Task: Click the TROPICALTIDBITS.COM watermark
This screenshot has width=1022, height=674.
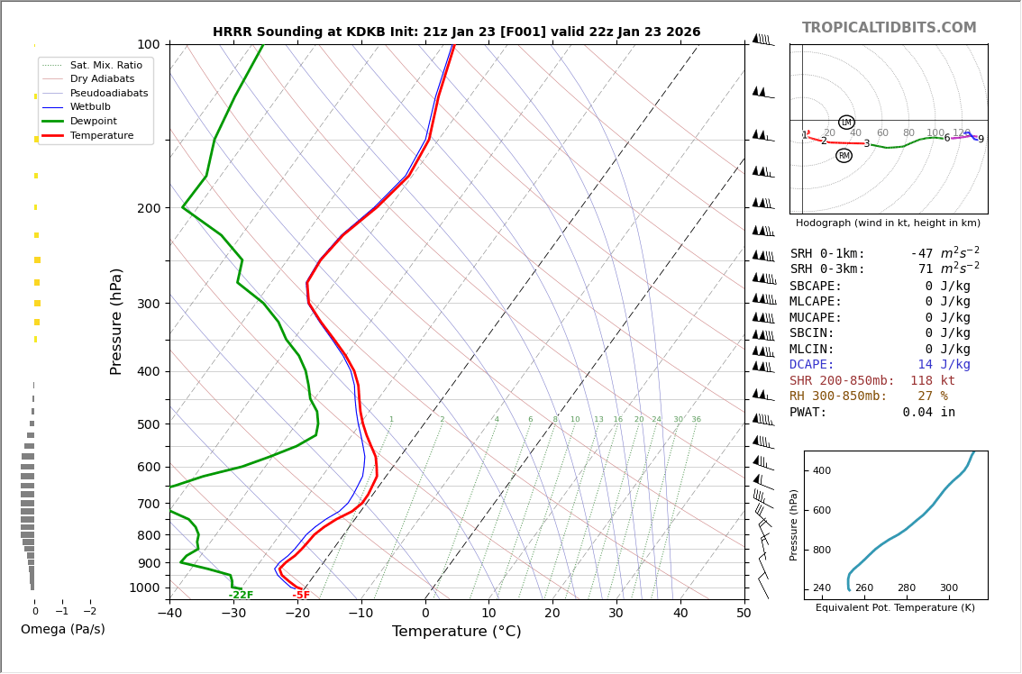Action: pyautogui.click(x=889, y=28)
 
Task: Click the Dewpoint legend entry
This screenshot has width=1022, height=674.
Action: pyautogui.click(x=93, y=121)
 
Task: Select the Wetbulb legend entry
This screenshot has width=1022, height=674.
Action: pyautogui.click(x=89, y=106)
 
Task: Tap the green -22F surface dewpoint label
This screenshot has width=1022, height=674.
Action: pyautogui.click(x=241, y=596)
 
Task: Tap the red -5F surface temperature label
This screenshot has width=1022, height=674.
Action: pyautogui.click(x=301, y=596)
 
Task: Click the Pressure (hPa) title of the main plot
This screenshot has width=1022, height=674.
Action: pyautogui.click(x=116, y=321)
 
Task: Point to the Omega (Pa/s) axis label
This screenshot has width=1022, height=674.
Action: pyautogui.click(x=62, y=629)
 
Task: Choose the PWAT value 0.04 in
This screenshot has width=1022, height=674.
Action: pyautogui.click(x=928, y=413)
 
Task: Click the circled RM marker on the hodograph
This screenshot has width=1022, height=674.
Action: pyautogui.click(x=844, y=156)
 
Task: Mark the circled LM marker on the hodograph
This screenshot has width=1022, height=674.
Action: pyautogui.click(x=846, y=123)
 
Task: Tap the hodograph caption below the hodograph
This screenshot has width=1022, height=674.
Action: pyautogui.click(x=888, y=223)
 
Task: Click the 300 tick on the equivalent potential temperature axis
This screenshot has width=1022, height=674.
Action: pyautogui.click(x=949, y=587)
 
